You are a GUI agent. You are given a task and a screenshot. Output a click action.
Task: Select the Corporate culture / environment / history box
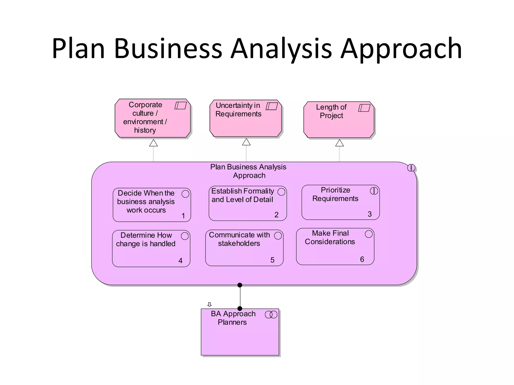click(153, 118)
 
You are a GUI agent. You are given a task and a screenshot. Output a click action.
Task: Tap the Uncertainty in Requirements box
click(246, 118)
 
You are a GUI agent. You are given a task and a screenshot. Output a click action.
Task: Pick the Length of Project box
click(339, 120)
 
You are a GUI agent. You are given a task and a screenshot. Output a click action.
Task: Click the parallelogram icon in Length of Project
click(364, 108)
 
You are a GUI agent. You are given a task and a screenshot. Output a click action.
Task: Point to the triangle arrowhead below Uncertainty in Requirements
click(246, 142)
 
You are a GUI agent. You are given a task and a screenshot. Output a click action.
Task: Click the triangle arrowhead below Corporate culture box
click(153, 143)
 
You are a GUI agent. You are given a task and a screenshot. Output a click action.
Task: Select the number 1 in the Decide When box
click(183, 216)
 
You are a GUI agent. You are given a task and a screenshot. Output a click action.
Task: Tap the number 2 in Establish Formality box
click(276, 215)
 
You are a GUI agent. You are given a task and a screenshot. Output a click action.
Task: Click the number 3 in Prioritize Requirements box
click(369, 214)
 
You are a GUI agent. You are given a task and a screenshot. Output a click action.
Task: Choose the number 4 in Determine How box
click(180, 261)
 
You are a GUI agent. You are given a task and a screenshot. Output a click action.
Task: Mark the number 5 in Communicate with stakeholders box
click(272, 260)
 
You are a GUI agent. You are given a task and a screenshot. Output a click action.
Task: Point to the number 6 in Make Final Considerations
click(362, 259)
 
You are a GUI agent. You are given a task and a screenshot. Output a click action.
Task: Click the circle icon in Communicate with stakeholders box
click(278, 236)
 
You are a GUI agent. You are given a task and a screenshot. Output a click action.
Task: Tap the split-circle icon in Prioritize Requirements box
click(374, 191)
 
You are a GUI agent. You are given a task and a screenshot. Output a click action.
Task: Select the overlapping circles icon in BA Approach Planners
click(271, 314)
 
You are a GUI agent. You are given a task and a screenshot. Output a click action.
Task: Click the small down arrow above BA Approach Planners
click(210, 305)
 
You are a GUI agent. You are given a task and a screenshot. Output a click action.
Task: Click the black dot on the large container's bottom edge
click(240, 285)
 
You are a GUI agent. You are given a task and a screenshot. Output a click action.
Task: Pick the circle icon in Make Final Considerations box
click(369, 234)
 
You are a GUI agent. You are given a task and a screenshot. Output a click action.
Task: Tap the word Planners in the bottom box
click(232, 322)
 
